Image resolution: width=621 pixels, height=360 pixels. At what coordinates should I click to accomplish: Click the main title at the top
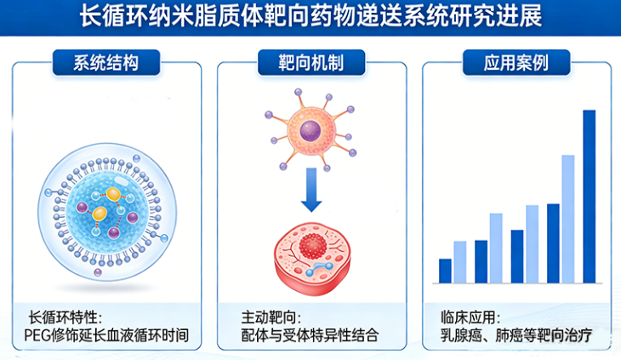tap(310, 16)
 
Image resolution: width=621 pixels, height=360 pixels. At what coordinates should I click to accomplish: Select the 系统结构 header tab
tap(106, 61)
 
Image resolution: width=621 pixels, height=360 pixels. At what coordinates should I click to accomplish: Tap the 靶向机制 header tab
tap(310, 61)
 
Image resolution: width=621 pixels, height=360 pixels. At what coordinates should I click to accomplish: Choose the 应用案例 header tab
tap(516, 61)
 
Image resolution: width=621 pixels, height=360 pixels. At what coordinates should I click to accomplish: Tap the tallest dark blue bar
tap(589, 196)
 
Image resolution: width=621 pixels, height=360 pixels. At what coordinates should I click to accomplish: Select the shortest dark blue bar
tap(445, 270)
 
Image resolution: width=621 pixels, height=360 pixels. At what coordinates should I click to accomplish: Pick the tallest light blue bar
tap(568, 218)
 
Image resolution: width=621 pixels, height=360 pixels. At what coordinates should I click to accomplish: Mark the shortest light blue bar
tap(460, 261)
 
